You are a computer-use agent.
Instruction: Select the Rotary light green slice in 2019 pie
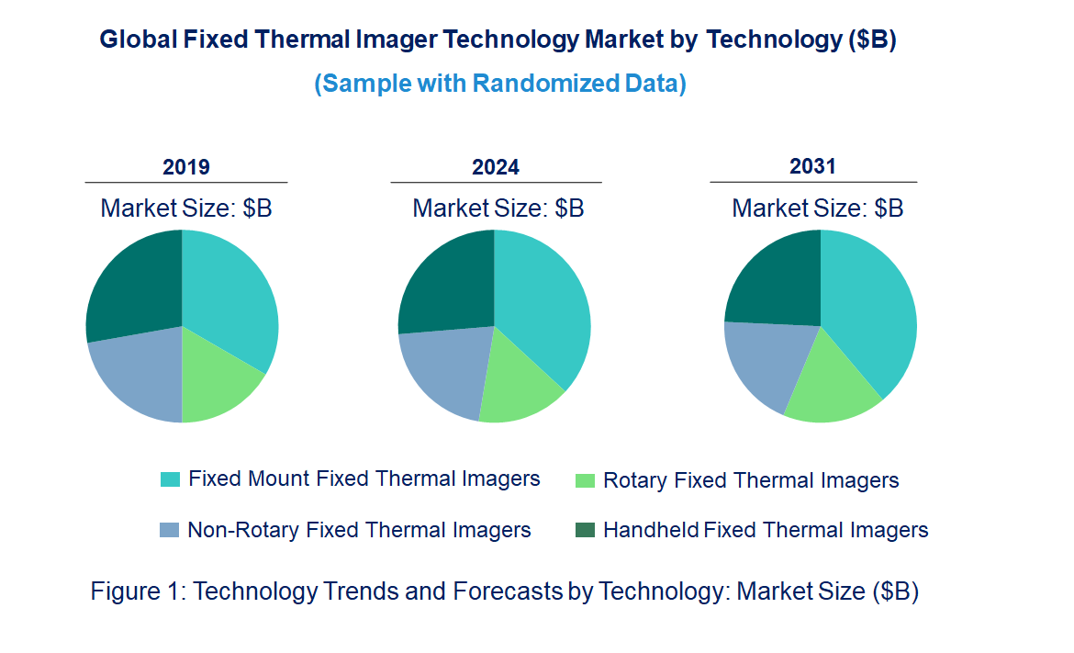coord(216,381)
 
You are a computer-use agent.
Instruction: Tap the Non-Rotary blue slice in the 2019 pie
coord(138,377)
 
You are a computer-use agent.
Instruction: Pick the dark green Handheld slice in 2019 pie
coord(133,285)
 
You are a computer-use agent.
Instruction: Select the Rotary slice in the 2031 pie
coord(831,386)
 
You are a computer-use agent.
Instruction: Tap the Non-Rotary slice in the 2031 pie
coord(766,363)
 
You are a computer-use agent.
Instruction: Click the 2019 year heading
coord(186,167)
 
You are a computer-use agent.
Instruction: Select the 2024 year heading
coord(496,167)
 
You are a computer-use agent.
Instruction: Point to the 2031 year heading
coord(813,166)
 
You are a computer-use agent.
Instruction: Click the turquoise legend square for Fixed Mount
coord(170,479)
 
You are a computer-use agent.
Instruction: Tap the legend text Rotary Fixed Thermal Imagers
coord(751,480)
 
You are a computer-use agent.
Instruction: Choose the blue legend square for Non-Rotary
coord(170,530)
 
